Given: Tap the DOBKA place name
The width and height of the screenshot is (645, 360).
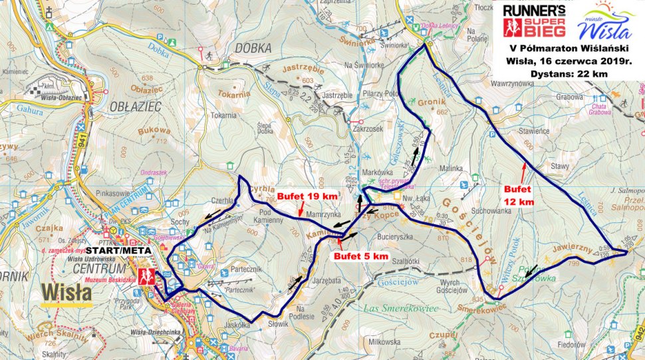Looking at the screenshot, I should [253, 48].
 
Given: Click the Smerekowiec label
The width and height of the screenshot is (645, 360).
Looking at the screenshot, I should [482, 306].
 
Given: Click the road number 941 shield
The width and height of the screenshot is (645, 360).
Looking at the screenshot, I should [81, 140].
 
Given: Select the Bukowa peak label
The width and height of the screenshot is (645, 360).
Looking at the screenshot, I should [152, 131].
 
